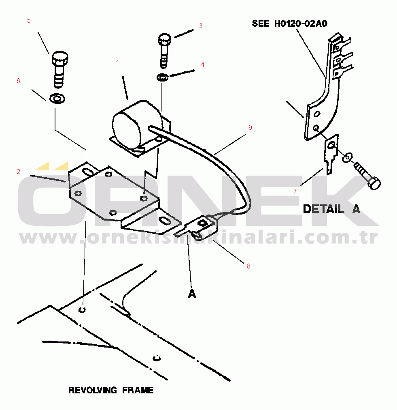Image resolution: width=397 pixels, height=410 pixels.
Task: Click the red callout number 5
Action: [x=29, y=20]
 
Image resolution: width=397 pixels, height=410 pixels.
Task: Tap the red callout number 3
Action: [x=201, y=26]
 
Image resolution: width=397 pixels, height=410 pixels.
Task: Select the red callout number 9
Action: [x=250, y=127]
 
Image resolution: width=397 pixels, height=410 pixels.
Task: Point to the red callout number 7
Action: [x=295, y=192]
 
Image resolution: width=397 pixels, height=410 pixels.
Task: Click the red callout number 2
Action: [x=18, y=172]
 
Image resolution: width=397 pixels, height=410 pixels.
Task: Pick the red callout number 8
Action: [x=248, y=266]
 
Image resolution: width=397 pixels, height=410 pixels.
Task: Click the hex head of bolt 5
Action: [x=60, y=58]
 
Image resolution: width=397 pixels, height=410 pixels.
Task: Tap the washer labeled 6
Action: [x=57, y=98]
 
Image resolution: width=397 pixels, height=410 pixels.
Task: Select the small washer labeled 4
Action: [x=162, y=77]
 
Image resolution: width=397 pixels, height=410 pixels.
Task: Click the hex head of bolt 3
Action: [x=164, y=39]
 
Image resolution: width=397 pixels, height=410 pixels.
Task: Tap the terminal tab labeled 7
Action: [x=331, y=154]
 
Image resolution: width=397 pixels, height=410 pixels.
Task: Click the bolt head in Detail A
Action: [x=374, y=183]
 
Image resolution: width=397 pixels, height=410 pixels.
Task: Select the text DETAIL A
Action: [x=331, y=209]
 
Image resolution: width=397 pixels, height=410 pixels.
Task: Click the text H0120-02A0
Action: [x=301, y=24]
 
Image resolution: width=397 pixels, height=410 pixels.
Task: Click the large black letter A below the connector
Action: [x=192, y=294]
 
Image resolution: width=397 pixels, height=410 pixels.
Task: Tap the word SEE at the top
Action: [x=261, y=24]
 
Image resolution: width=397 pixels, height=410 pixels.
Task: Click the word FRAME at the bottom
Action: [x=138, y=390]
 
